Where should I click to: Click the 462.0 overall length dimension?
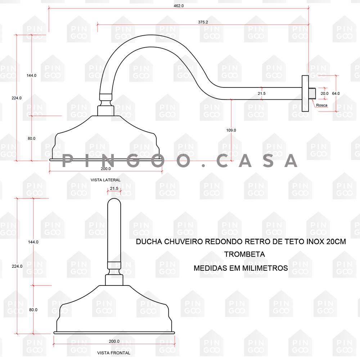(x=179, y=6)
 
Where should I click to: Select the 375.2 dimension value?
(x=203, y=22)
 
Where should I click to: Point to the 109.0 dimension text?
(x=231, y=130)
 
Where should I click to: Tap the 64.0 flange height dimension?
(x=336, y=94)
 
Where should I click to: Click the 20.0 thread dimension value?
(x=324, y=94)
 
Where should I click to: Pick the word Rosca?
(x=321, y=105)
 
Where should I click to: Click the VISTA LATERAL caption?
(x=105, y=180)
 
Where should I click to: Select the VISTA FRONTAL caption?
(x=114, y=353)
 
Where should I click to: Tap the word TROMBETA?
(x=244, y=255)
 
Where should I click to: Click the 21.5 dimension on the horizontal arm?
(x=261, y=94)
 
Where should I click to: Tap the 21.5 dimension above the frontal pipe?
(x=114, y=189)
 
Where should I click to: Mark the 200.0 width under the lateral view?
(x=105, y=169)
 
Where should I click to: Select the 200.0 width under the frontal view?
(x=114, y=341)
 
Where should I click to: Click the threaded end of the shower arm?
(x=312, y=94)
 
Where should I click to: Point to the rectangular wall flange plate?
(x=305, y=94)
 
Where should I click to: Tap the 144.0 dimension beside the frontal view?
(x=33, y=242)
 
